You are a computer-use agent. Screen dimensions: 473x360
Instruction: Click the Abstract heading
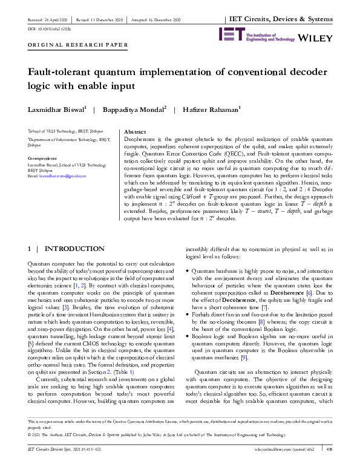(x=134, y=131)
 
